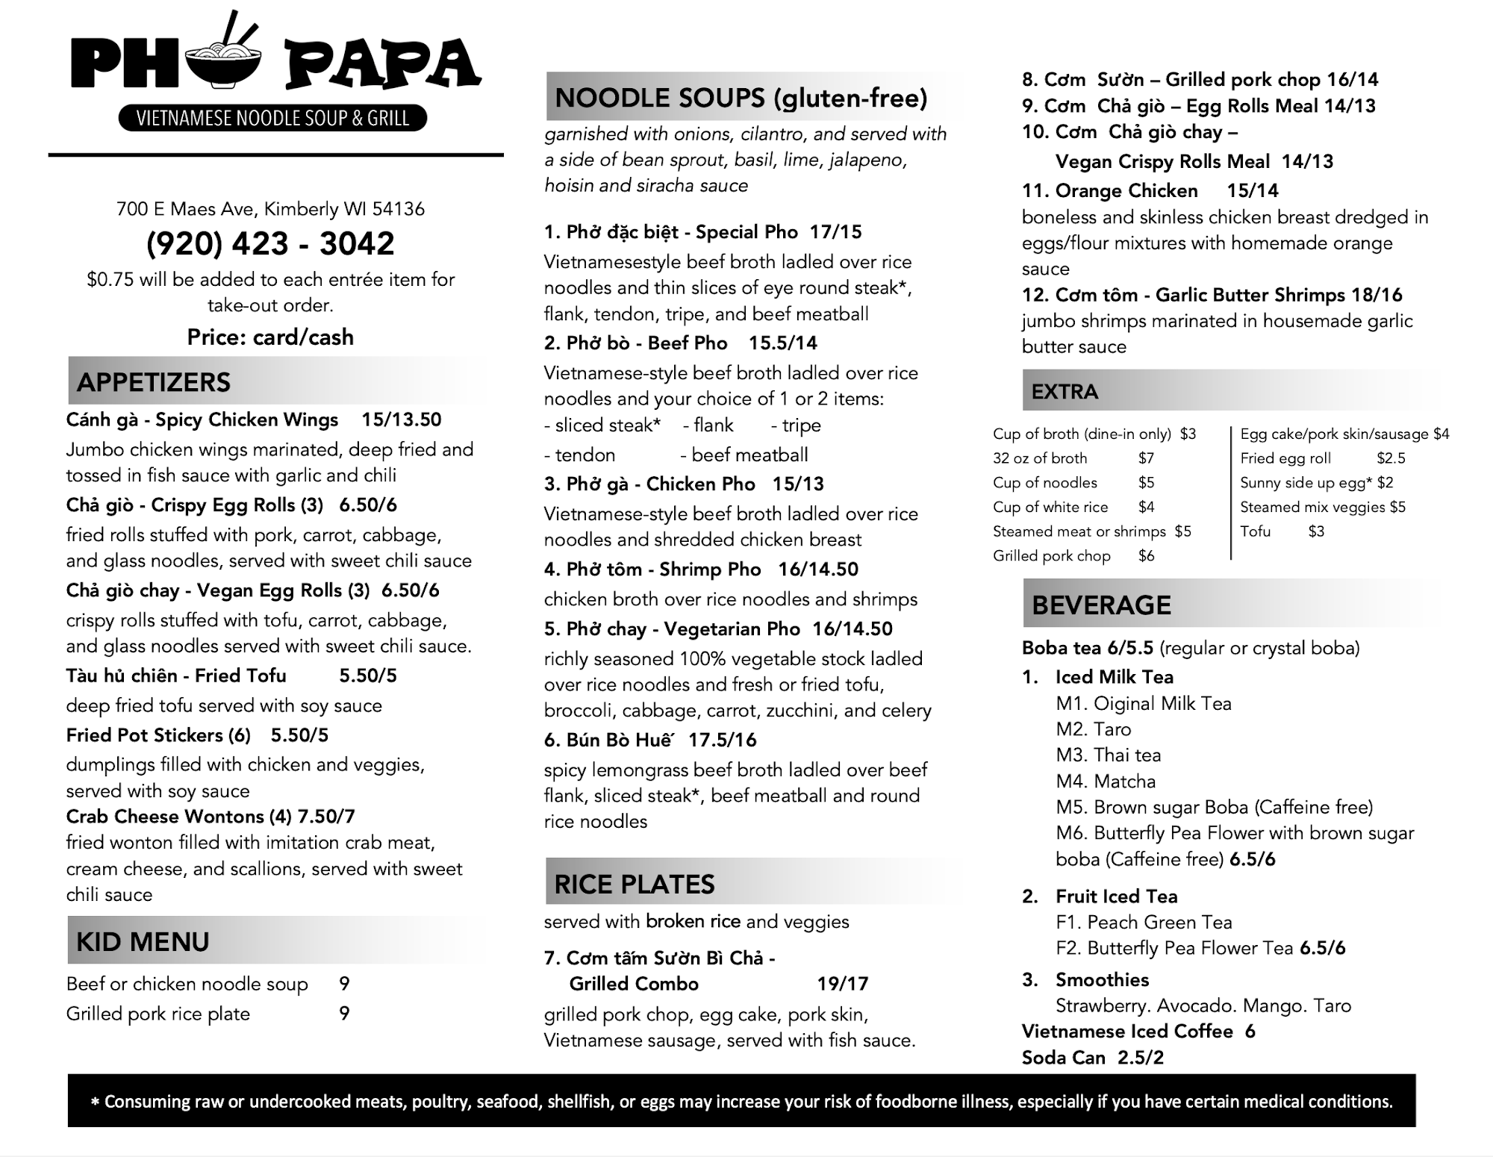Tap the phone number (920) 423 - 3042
(x=270, y=243)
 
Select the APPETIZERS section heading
(x=154, y=382)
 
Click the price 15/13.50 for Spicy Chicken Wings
(x=402, y=420)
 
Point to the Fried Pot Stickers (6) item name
(x=158, y=735)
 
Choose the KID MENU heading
(x=143, y=942)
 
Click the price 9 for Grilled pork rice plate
(x=344, y=1014)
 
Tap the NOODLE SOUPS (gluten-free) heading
(x=741, y=98)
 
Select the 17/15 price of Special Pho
(x=835, y=232)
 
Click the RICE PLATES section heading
(x=635, y=885)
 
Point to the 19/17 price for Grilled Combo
(x=843, y=984)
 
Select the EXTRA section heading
(x=1065, y=392)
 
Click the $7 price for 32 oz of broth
(x=1146, y=458)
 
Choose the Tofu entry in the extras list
(x=1255, y=531)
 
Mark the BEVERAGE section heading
(x=1101, y=605)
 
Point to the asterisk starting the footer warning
(x=95, y=1103)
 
